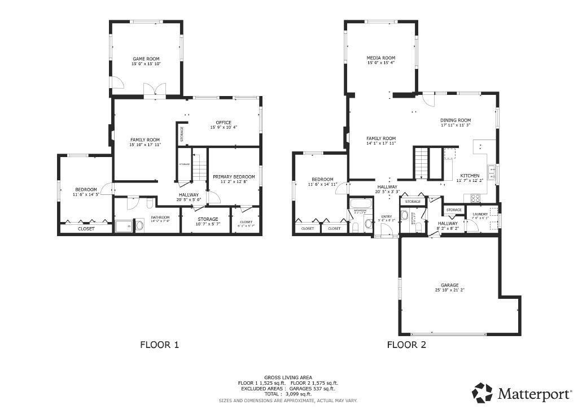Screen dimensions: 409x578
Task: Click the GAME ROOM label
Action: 146,59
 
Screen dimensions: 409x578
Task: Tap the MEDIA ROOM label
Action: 381,58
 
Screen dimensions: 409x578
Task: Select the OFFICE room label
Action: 224,123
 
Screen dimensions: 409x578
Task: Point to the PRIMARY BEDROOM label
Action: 234,177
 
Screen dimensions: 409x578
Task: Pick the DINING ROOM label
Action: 456,120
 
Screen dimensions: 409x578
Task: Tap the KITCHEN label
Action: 470,176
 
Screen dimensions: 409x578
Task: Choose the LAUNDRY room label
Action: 480,214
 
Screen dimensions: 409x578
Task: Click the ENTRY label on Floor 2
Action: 387,216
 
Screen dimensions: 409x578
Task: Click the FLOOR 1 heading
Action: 159,344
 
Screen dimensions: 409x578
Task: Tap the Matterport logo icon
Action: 483,392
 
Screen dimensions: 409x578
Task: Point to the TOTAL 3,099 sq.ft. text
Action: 288,394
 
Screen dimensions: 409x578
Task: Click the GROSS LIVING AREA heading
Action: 288,377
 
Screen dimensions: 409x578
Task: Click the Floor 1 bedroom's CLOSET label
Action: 86,229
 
